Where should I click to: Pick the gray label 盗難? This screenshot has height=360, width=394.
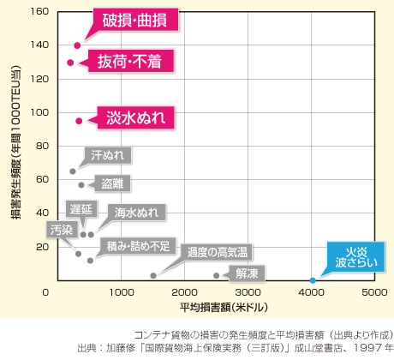tap(112, 183)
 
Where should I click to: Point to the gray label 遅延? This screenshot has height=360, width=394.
tap(82, 209)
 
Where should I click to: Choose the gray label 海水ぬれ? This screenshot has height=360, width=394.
tap(136, 212)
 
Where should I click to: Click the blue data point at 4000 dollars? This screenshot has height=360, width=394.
tap(312, 280)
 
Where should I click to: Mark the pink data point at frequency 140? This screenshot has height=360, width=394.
tap(77, 45)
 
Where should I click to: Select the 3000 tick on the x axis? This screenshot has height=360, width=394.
tap(248, 292)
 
